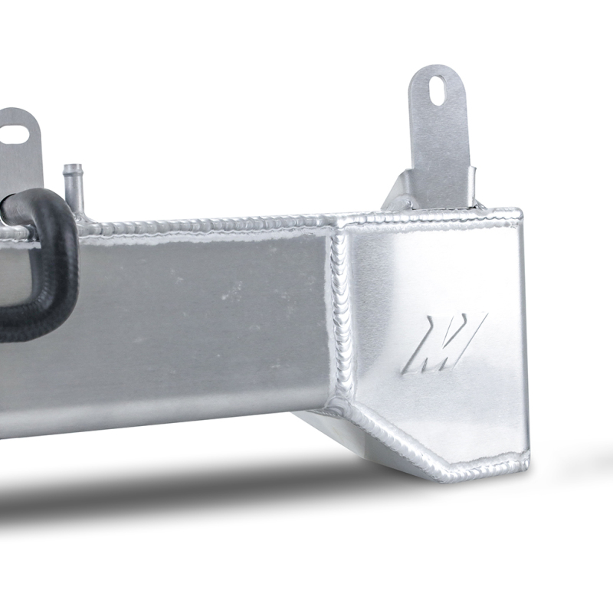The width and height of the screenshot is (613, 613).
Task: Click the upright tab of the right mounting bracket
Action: [x=445, y=138]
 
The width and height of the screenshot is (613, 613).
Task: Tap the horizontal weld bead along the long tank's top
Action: [x=215, y=223]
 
